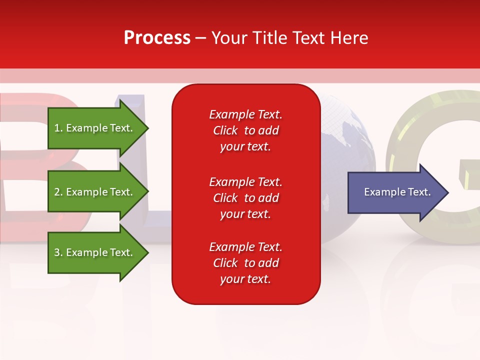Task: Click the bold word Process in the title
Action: tap(157, 38)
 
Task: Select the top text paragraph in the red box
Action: tap(245, 130)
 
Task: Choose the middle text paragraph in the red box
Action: tap(245, 198)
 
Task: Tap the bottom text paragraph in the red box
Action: tap(245, 263)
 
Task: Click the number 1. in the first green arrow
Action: tap(58, 128)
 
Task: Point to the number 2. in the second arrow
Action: tap(58, 192)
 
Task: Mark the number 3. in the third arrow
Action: tap(58, 252)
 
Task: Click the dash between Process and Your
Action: tap(200, 38)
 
